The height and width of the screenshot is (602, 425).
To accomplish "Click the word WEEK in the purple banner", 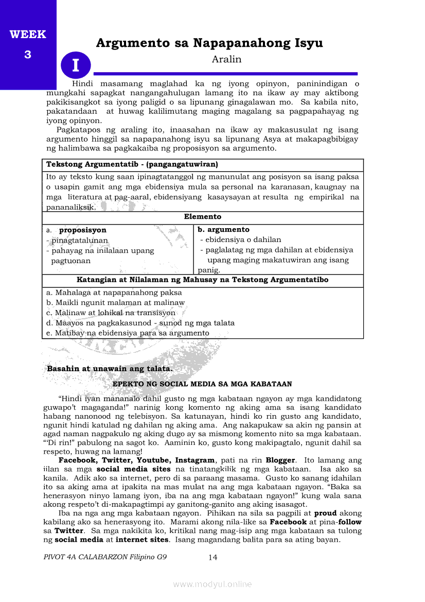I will (28, 35).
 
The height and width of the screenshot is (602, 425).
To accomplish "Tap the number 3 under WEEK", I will (28, 55).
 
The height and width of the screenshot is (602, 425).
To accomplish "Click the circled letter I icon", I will (76, 66).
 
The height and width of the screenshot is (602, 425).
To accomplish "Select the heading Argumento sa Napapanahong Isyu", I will (209, 43).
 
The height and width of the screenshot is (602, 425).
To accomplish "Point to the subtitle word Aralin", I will (226, 59).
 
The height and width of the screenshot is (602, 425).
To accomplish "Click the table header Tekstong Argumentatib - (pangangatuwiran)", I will (132, 165).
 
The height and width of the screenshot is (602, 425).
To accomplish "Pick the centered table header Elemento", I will (203, 217).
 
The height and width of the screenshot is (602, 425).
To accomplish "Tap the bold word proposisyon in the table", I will (83, 230).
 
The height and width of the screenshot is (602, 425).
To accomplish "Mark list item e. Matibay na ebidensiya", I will (128, 333).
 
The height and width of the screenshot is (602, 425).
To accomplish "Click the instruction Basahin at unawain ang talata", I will (110, 369).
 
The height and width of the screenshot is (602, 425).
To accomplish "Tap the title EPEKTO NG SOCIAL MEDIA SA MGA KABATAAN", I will (202, 384).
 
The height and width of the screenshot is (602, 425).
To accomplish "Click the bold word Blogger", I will (280, 460).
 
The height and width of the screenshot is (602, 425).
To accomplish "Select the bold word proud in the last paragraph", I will (325, 513).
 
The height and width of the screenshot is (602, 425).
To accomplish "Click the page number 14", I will (213, 557).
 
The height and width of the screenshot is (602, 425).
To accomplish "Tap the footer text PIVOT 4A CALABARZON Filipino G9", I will (105, 557).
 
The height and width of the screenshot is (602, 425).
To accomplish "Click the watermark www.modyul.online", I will (213, 584).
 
